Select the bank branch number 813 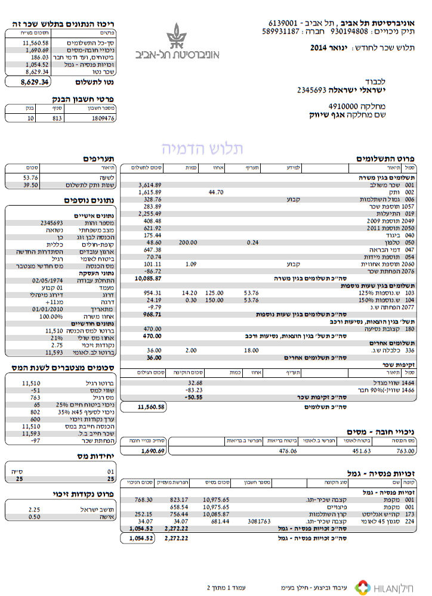(x=56, y=119)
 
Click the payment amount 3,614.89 (x=150, y=185)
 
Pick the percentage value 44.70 (x=215, y=193)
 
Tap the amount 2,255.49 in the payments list (x=150, y=213)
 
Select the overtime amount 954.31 (x=150, y=293)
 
